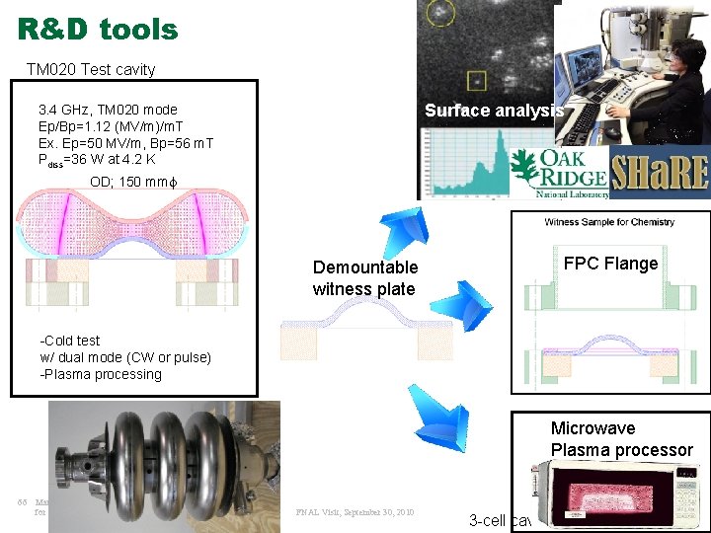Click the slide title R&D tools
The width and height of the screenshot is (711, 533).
[x=98, y=29]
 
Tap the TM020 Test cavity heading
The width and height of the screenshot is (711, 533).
[x=90, y=69]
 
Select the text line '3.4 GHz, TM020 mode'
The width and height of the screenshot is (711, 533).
[x=108, y=110]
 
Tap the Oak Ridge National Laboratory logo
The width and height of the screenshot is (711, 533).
[x=557, y=174]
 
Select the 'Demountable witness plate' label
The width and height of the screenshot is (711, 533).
[x=365, y=278]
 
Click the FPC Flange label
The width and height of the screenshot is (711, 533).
[x=610, y=264]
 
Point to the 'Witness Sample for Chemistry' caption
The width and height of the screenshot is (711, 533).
[x=609, y=222]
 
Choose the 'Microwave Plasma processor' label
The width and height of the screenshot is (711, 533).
[x=622, y=439]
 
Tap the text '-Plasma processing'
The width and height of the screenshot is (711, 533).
[x=101, y=374]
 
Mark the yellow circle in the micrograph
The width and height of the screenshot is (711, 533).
[x=439, y=13]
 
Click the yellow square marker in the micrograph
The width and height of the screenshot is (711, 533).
[x=478, y=78]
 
